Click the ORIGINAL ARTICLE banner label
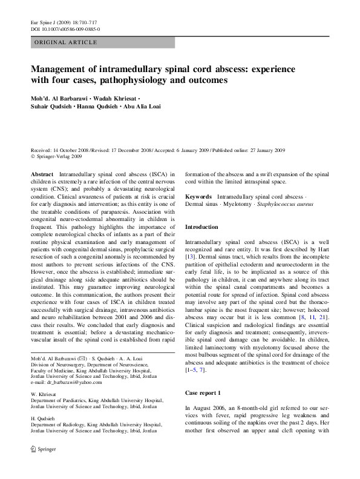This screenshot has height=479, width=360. pos(66,42)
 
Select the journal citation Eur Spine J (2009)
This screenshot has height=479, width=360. pos(64,22)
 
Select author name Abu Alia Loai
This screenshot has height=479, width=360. pos(142,107)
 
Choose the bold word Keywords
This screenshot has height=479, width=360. pos(198,197)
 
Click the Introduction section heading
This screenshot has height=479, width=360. pos(201,226)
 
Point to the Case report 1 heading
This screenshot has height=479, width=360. pos(204,376)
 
